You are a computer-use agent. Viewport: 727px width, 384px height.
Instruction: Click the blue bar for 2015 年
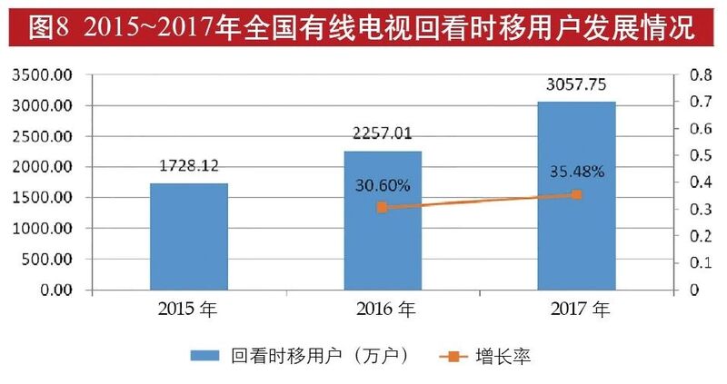click(188, 237)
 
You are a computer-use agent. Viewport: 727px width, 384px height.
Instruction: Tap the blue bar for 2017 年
click(576, 196)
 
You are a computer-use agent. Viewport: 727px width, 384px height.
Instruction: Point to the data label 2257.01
click(382, 134)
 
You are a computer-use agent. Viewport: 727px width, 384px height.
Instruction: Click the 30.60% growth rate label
click(382, 185)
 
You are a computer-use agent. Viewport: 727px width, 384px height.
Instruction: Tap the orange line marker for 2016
click(383, 208)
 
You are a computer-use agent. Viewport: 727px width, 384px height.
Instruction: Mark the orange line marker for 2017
click(576, 194)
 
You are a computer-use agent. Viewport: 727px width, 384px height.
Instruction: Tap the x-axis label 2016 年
click(382, 311)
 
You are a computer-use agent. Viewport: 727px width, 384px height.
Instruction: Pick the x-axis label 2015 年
click(188, 311)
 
